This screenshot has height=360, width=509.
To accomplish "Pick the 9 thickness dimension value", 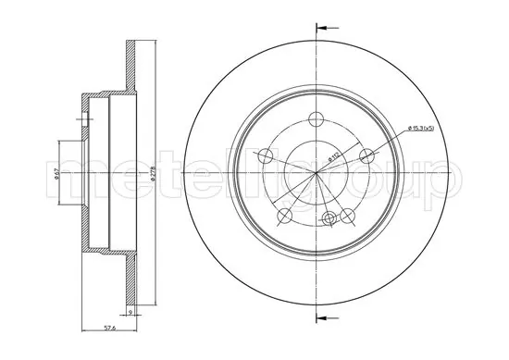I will [132, 314].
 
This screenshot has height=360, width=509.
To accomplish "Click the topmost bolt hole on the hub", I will [315, 118].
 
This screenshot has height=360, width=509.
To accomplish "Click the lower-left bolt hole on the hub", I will [283, 215].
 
